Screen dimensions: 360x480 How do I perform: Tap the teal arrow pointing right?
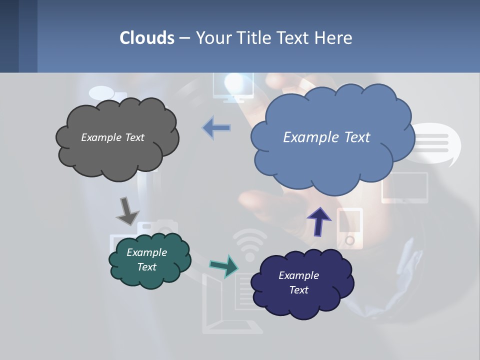click(x=224, y=266)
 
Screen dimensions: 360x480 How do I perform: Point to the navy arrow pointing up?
click(x=318, y=221)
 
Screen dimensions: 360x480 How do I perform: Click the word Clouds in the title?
click(x=147, y=37)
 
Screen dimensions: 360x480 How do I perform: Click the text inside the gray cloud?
click(x=112, y=137)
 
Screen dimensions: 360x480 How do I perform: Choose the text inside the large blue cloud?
click(x=326, y=137)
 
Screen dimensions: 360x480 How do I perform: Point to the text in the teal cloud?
click(x=146, y=259)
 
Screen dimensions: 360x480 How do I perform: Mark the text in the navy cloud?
click(x=298, y=282)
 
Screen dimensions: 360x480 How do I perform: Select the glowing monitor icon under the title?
click(x=233, y=86)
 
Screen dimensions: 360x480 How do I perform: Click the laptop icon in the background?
click(x=225, y=305)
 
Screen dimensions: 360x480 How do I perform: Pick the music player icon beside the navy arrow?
click(x=349, y=228)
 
